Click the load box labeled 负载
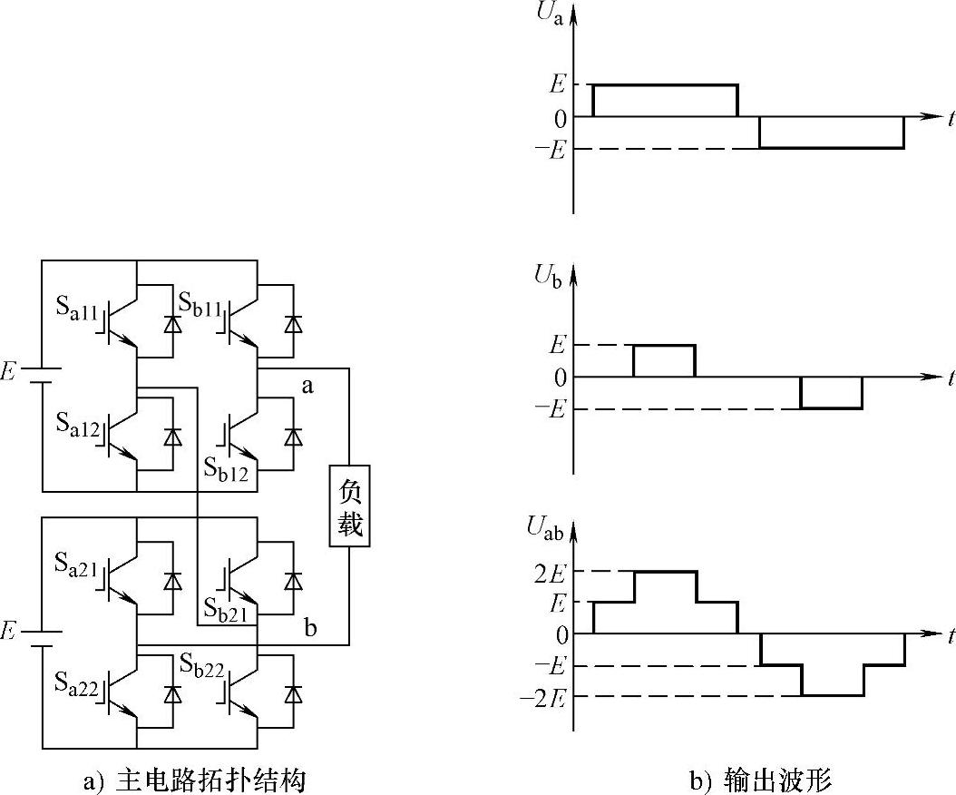[x=349, y=509]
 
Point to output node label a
[x=307, y=387]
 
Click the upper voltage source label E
[x=10, y=372]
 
